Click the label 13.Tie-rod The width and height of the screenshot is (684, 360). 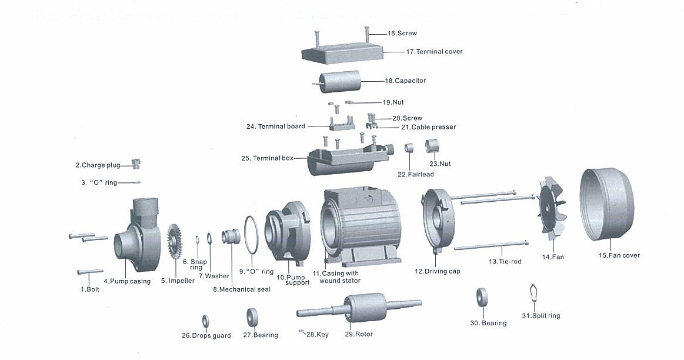click(505, 261)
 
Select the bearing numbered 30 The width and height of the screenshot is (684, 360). click(482, 298)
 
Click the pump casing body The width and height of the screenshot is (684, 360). click(138, 235)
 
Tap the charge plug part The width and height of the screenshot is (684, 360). click(136, 164)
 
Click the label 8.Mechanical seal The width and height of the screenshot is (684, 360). click(242, 289)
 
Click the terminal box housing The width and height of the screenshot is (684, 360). click(341, 159)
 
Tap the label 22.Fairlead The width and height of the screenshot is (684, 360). click(415, 174)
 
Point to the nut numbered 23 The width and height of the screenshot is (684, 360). click(432, 145)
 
